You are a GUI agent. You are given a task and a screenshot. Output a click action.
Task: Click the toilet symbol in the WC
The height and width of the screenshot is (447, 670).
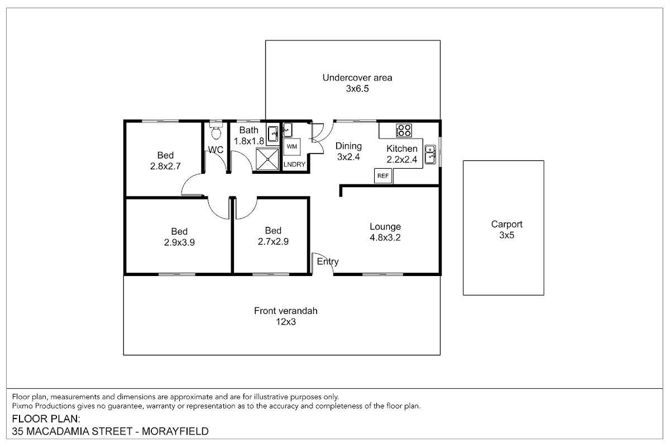(x=216, y=130)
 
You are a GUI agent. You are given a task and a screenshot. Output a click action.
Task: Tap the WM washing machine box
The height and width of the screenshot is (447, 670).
(x=291, y=146)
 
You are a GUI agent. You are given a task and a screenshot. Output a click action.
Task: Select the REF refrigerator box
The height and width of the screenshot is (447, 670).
(x=383, y=176)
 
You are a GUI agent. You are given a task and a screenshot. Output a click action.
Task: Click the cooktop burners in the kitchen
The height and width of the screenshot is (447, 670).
(x=404, y=130)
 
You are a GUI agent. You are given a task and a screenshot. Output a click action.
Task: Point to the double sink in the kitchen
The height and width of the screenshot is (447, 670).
(x=430, y=154)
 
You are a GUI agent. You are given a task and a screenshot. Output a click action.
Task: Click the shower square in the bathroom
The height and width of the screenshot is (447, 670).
(x=267, y=159)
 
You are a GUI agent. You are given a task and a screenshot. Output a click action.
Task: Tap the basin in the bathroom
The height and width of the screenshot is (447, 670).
(x=273, y=134)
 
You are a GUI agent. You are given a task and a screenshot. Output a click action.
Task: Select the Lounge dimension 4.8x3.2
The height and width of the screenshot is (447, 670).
(x=385, y=237)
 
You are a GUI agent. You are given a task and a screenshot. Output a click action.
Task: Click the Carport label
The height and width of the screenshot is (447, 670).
(x=507, y=224)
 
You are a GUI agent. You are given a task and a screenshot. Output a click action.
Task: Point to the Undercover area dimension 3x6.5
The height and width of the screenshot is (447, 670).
(x=357, y=89)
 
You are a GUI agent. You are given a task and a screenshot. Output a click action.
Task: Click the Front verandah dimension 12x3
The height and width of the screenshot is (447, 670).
(x=286, y=321)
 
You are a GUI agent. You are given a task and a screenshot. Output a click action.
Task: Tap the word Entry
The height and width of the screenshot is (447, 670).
(x=328, y=261)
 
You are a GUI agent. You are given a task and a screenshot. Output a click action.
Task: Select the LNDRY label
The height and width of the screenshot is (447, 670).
(x=294, y=164)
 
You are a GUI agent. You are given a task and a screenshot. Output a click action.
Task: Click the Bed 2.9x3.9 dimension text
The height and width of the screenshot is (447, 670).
(x=179, y=242)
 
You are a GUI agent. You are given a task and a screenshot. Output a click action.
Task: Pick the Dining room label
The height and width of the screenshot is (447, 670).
(x=348, y=146)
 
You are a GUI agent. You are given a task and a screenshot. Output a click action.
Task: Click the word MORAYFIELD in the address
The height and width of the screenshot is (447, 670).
(x=175, y=431)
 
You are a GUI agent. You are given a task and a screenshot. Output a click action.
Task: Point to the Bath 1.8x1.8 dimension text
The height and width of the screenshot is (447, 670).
(x=249, y=141)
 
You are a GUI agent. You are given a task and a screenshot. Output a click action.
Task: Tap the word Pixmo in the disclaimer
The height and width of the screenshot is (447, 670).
(x=22, y=406)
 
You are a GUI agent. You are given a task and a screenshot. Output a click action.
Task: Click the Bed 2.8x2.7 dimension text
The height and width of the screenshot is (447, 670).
(x=165, y=166)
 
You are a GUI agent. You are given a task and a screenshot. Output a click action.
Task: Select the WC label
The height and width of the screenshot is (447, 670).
(x=216, y=150)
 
